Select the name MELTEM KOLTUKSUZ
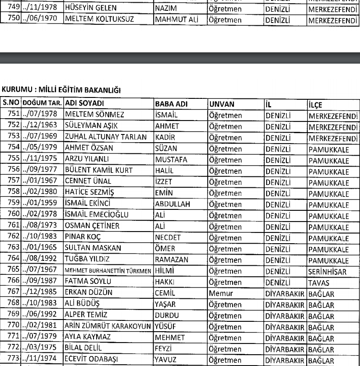[x=94, y=19]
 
